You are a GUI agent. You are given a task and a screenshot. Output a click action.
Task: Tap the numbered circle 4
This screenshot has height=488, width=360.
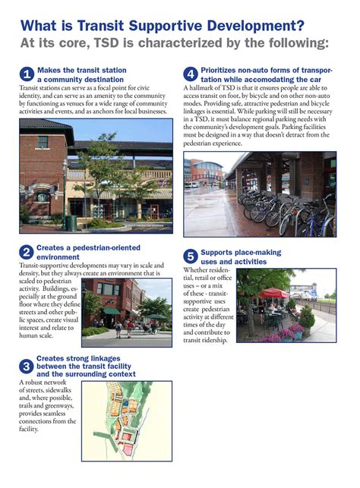[x=191, y=74]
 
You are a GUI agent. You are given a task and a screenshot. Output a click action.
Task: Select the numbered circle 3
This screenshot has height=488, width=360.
[x=26, y=367]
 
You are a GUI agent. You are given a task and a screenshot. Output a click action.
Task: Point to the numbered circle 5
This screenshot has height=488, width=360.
[x=191, y=257]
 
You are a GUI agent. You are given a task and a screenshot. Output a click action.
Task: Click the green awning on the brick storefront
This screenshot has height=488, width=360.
[x=112, y=311]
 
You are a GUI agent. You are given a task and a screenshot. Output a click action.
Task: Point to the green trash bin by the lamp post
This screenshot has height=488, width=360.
[x=70, y=222]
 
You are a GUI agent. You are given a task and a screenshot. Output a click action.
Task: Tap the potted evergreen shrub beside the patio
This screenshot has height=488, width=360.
[x=306, y=316]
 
